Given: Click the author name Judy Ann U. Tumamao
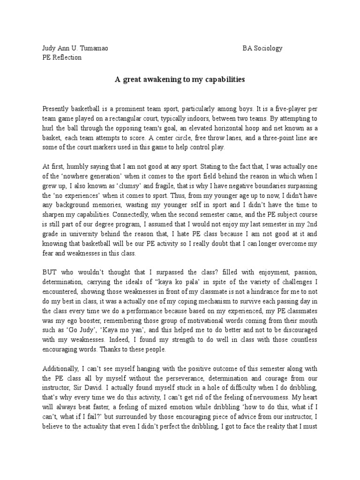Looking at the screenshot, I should [75, 48].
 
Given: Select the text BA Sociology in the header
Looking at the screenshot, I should [262, 48].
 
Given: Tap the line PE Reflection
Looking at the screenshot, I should [62, 57].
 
